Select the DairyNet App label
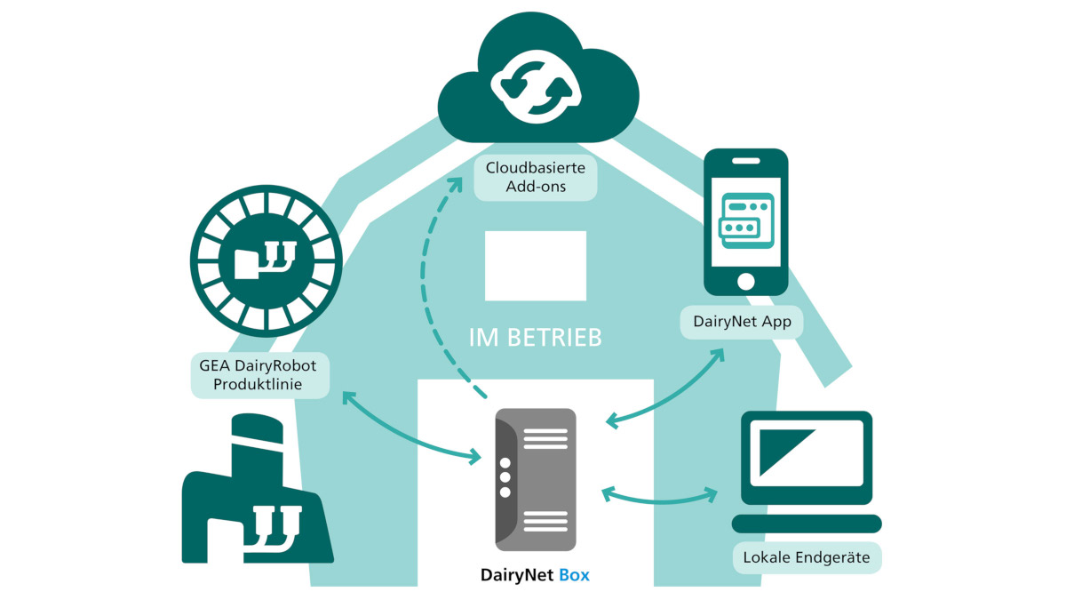tap(742, 322)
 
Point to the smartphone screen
tap(746, 222)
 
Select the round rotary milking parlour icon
tap(265, 264)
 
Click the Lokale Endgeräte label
tap(807, 557)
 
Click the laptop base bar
tap(806, 523)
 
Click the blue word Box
tap(574, 575)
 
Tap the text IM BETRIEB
tap(536, 338)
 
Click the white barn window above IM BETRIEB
tap(536, 265)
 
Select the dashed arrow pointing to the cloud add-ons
tap(431, 284)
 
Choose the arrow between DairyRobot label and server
tap(404, 431)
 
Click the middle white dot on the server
tap(505, 477)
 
